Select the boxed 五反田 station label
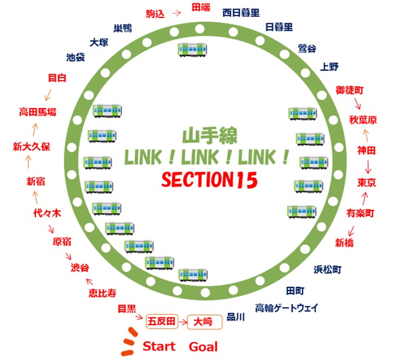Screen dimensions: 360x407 [162, 322]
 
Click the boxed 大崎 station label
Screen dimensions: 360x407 [203, 322]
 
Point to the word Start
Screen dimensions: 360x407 [159, 346]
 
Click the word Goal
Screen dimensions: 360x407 [203, 346]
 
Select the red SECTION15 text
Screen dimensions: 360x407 [210, 180]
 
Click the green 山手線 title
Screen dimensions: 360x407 [210, 136]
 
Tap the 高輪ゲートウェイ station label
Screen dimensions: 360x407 [287, 308]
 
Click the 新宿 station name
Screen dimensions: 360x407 [35, 181]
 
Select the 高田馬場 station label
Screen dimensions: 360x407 [38, 112]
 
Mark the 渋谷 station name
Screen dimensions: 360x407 [80, 268]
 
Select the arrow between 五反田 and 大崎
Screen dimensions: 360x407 [183, 322]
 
